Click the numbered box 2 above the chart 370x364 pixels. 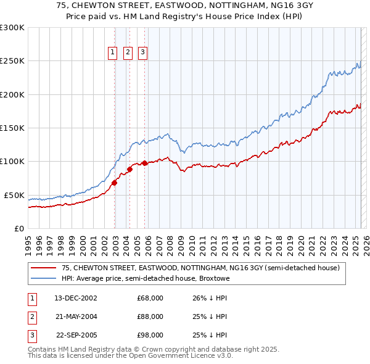pos(128,53)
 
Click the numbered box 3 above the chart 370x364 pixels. pos(142,53)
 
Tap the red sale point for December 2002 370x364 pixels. pos(115,183)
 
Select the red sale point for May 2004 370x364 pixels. pos(130,169)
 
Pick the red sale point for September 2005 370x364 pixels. pos(145,163)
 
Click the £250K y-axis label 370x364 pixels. pos(12,61)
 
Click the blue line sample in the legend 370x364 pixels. pos(43,278)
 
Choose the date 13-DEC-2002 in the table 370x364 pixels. pos(76,298)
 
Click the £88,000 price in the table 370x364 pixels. pos(150,316)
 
